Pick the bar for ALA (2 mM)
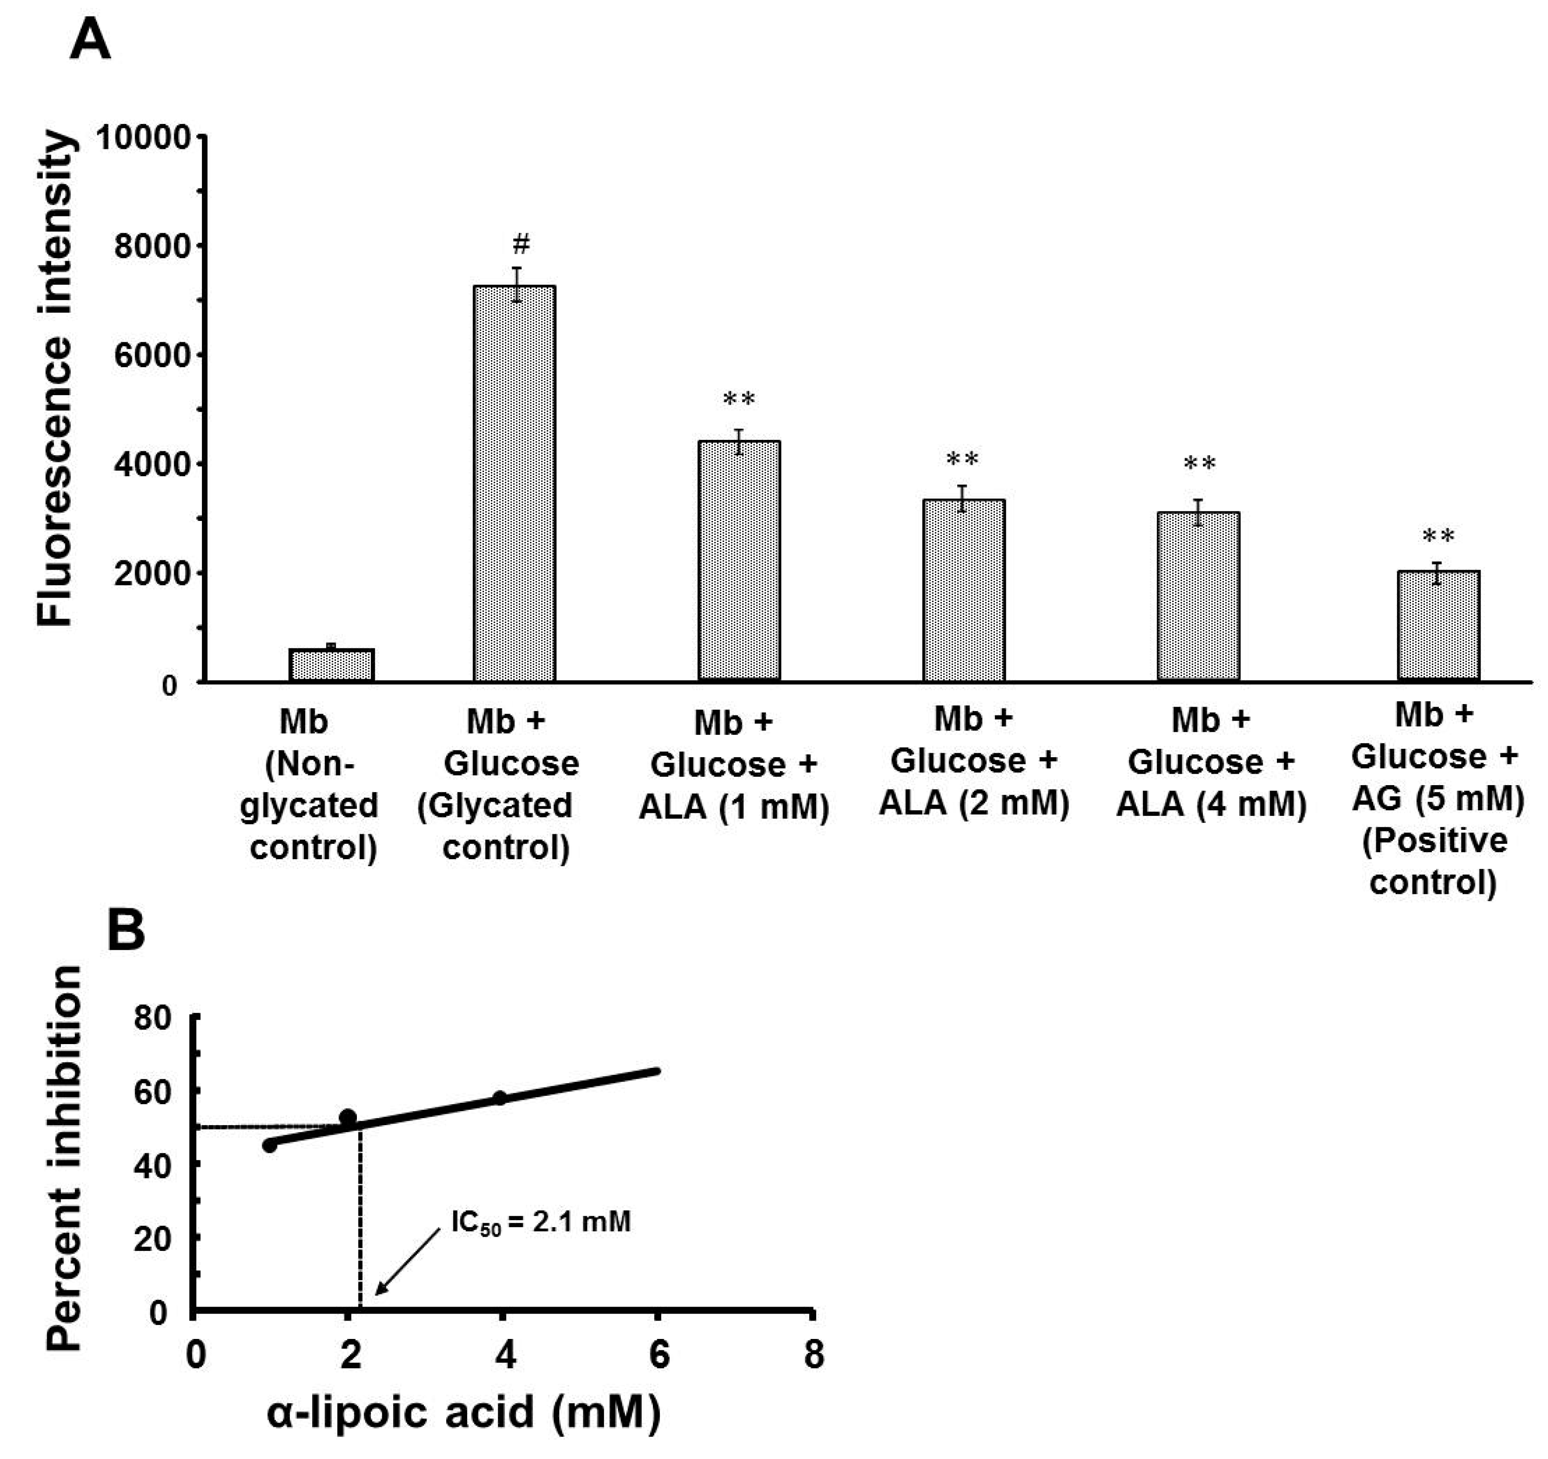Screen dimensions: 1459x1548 pos(964,591)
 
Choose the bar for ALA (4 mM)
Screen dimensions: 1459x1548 pos(1199,597)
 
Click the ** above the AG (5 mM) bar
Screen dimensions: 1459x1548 pos(1438,537)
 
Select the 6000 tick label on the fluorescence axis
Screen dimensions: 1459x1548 pos(152,356)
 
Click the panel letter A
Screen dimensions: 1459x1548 pos(90,39)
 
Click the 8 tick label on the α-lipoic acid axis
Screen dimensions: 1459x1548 pos(813,1356)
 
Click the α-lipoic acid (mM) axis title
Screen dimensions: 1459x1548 pos(464,1412)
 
